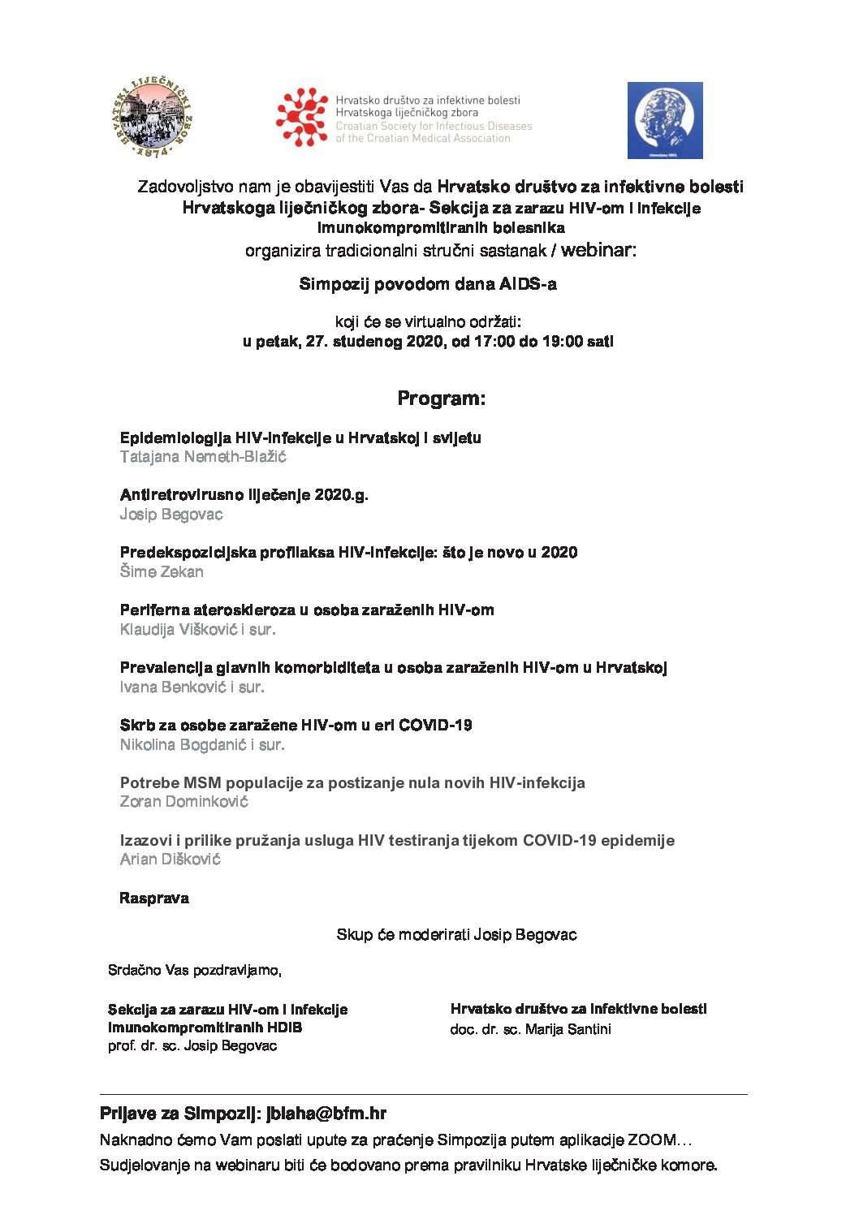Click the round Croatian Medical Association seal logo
pyautogui.click(x=152, y=118)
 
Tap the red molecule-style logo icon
pyautogui.click(x=301, y=118)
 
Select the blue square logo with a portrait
pyautogui.click(x=664, y=120)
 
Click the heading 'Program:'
pyautogui.click(x=441, y=399)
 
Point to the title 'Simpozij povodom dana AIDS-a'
pyautogui.click(x=428, y=284)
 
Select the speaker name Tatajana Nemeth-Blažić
pyautogui.click(x=203, y=457)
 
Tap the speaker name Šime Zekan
pyautogui.click(x=162, y=572)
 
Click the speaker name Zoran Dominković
pyautogui.click(x=183, y=802)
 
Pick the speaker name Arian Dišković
pyautogui.click(x=170, y=860)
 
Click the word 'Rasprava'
pyautogui.click(x=154, y=898)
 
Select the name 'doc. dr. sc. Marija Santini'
pyautogui.click(x=530, y=1029)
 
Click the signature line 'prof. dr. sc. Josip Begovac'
pyautogui.click(x=192, y=1046)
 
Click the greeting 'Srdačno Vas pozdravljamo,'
pyautogui.click(x=195, y=971)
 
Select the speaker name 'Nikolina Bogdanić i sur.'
pyautogui.click(x=202, y=745)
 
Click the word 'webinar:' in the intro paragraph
pyautogui.click(x=598, y=250)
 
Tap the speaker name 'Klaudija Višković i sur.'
pyautogui.click(x=197, y=630)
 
